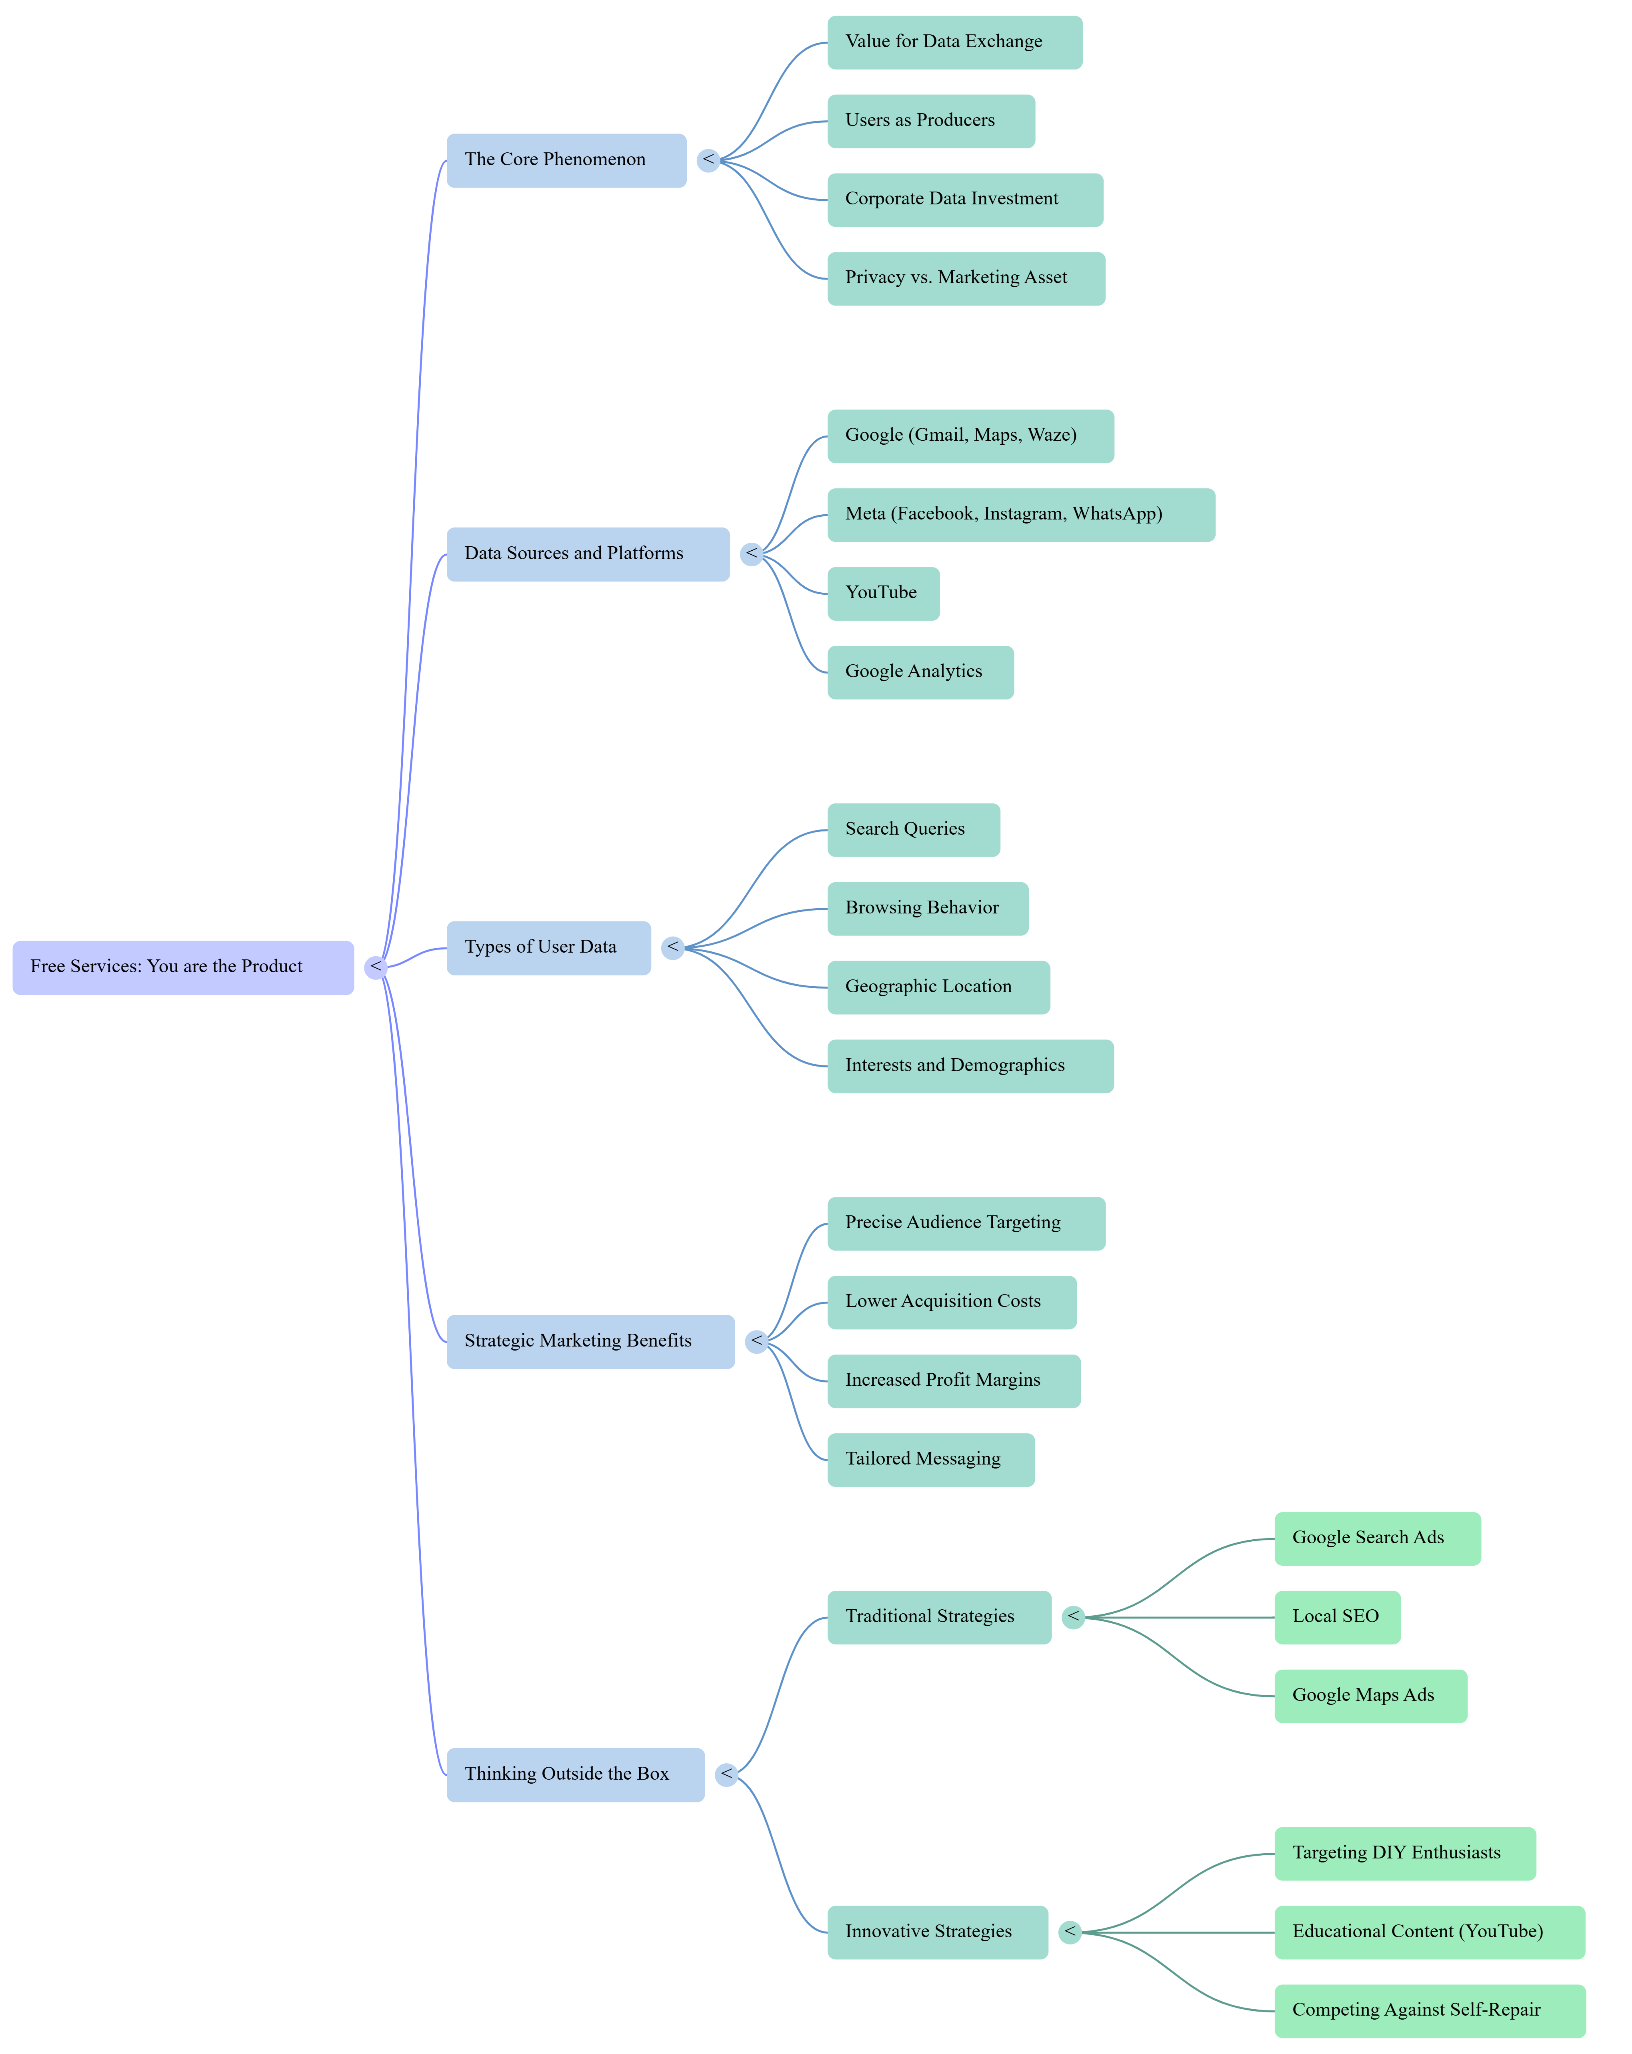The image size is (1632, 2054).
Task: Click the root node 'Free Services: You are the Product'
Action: pos(183,967)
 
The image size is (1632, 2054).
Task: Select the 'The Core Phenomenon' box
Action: pos(566,160)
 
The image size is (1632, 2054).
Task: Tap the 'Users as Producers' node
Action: pos(930,121)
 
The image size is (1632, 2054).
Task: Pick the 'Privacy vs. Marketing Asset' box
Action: pos(965,278)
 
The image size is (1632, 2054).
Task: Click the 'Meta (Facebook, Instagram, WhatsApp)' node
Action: pos(1020,514)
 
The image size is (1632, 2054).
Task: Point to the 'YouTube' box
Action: pos(882,593)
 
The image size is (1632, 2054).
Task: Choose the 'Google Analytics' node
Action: pos(919,671)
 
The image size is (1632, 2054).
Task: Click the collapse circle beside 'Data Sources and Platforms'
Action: pos(752,553)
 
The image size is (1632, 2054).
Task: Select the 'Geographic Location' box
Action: pos(938,987)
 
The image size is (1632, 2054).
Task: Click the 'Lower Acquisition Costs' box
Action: pos(951,1301)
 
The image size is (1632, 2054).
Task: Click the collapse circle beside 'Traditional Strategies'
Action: pos(1073,1617)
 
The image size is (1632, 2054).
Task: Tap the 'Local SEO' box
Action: pos(1337,1617)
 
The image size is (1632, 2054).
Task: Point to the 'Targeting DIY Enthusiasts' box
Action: pos(1404,1853)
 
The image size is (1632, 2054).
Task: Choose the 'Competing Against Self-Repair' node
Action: pos(1429,2010)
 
